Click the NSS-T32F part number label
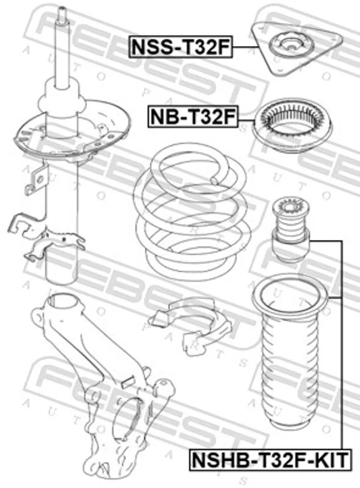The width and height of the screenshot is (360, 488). click(x=180, y=47)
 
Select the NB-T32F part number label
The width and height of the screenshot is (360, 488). click(x=193, y=117)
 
